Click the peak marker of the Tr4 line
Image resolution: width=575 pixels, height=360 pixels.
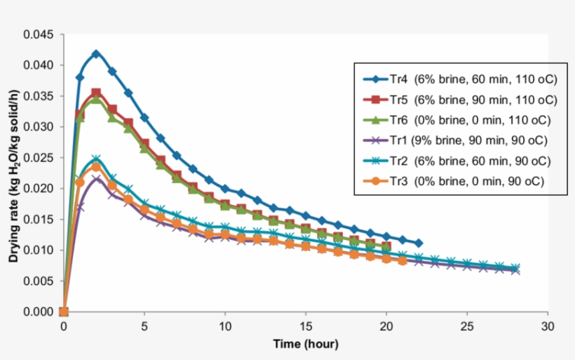96,54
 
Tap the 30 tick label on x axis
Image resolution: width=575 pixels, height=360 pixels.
548,326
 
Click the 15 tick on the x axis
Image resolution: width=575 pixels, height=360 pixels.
306,326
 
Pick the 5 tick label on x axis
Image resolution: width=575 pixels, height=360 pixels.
144,326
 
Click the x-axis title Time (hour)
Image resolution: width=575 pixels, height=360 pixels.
306,344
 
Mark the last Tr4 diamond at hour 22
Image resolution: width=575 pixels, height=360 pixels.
419,244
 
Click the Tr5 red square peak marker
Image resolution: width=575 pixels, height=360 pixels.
96,93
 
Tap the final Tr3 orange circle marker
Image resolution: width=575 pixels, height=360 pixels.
402,261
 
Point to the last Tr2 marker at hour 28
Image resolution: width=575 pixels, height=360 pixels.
515,268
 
